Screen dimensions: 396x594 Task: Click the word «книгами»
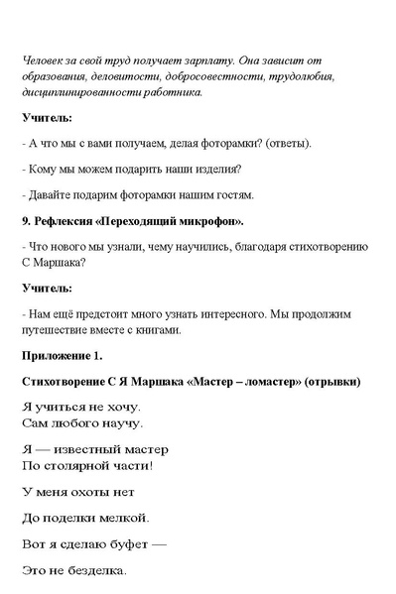tap(155, 329)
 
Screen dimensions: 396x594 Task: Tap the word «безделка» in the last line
tap(95, 571)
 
